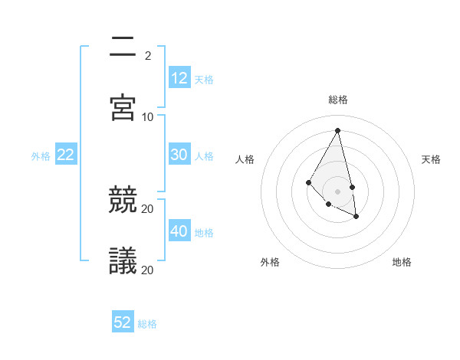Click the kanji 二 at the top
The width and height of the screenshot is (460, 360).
[123, 46]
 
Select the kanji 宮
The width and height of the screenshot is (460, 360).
[123, 107]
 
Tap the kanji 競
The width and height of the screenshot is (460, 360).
[123, 200]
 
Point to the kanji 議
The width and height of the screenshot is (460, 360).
[123, 261]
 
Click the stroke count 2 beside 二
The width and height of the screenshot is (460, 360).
[148, 55]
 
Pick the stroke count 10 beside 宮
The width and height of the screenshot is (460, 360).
[148, 116]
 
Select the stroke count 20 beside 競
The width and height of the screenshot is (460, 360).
[148, 208]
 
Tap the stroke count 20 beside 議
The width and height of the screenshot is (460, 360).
[148, 270]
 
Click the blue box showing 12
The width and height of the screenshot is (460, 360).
[179, 78]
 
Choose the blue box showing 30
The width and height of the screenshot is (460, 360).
[179, 155]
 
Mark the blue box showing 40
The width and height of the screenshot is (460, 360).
[179, 231]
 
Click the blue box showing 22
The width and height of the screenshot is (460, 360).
[66, 155]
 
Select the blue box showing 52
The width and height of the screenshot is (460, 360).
[123, 322]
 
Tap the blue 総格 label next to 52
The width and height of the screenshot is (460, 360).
[147, 324]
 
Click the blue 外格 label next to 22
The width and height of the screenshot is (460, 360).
[41, 156]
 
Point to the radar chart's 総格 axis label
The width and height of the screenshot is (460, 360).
[338, 100]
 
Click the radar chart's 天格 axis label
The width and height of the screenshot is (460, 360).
[432, 159]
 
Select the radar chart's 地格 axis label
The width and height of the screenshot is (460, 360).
[402, 262]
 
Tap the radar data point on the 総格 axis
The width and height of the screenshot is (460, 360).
[338, 130]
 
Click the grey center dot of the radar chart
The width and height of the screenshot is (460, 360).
[338, 191]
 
